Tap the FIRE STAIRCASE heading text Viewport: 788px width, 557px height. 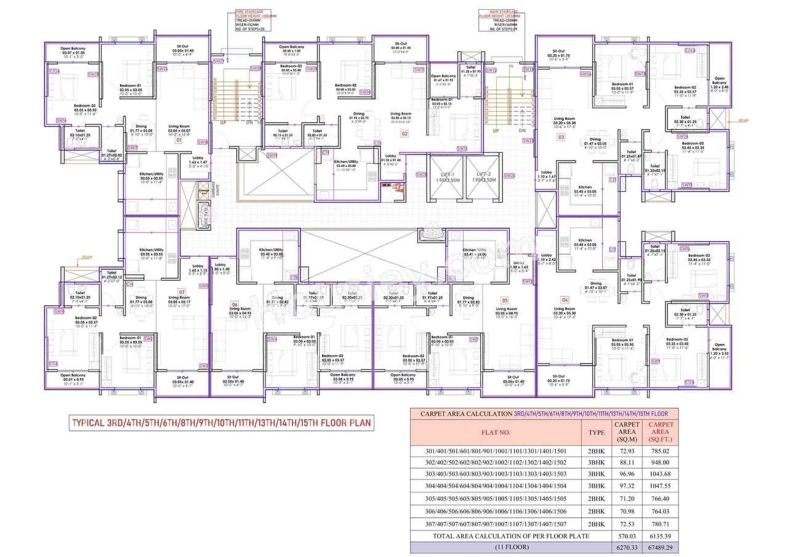coord(251,11)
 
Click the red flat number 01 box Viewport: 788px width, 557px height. coord(179,140)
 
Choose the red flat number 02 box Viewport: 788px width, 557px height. coord(404,133)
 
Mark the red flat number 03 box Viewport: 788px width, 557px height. coord(561,137)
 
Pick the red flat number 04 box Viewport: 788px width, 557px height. coord(565,299)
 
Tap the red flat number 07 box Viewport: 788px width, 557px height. coord(182,291)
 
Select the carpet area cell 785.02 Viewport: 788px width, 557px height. coord(659,451)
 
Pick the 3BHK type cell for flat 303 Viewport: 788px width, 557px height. coord(596,475)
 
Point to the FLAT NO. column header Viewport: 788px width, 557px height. coord(495,432)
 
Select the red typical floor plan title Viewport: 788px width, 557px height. coord(222,423)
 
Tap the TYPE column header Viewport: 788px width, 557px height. coord(596,432)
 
